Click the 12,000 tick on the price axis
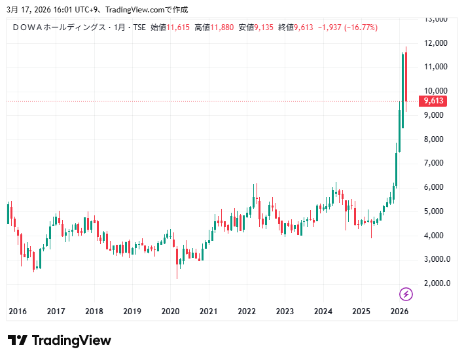pos(435,43)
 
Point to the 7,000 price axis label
pos(435,163)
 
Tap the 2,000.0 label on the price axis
pos(437,283)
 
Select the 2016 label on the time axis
pos(18,312)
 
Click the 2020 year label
pos(170,312)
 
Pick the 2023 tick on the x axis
pos(285,312)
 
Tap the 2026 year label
pos(399,312)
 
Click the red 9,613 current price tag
pos(434,101)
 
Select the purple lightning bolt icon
pos(406,294)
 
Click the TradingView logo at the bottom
pos(59,340)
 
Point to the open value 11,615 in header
pos(178,27)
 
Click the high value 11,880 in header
pos(221,27)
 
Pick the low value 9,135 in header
pos(264,27)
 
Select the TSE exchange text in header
pos(139,27)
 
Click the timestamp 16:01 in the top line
pos(54,9)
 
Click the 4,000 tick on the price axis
pos(435,235)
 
